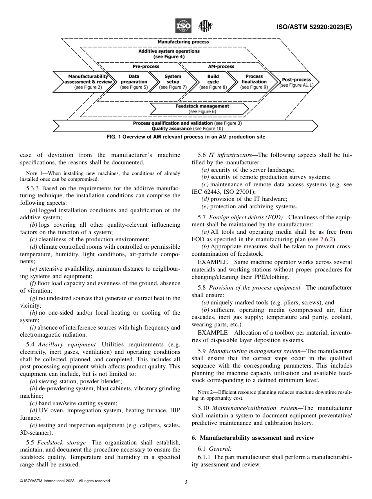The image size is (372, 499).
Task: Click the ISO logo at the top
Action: (x=183, y=26)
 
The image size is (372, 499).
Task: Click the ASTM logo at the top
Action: (x=205, y=26)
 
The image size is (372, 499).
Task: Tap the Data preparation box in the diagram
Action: (x=134, y=82)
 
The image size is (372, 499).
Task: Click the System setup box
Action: (x=173, y=82)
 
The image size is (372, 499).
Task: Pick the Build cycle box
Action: (x=213, y=82)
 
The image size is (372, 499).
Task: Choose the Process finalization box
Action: (x=254, y=82)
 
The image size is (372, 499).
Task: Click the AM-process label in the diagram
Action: (x=220, y=67)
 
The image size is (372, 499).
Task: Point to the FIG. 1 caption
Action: (x=186, y=137)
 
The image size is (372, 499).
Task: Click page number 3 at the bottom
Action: (x=186, y=482)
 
